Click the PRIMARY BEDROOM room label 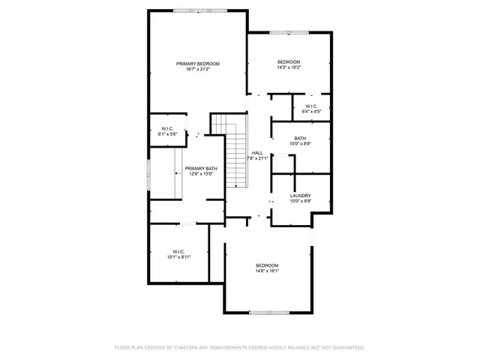pos(198,64)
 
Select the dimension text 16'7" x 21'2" pos(198,70)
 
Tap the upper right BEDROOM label pos(289,61)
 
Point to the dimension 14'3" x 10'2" pos(289,67)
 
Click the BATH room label pos(300,138)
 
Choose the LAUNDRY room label pos(300,196)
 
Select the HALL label pos(257,152)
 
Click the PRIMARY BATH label pos(201,169)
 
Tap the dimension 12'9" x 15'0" pos(201,175)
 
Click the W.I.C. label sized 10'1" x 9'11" pos(178,251)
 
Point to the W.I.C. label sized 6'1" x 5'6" pos(167,129)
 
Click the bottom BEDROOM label pos(267,265)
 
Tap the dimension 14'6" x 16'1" pos(267,271)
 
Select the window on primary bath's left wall pos(148,174)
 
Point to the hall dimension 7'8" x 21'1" pos(258,158)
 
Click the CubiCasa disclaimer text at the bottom pos(239,348)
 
